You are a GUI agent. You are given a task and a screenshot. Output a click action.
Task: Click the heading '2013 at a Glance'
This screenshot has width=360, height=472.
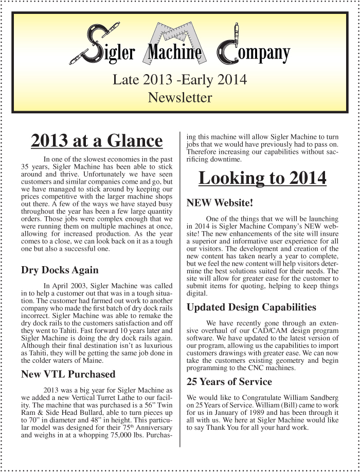[x=97, y=141]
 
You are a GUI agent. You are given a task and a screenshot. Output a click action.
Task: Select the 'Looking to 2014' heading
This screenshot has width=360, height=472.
[x=262, y=178]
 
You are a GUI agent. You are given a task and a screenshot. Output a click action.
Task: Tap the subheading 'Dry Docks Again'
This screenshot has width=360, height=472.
[x=60, y=270]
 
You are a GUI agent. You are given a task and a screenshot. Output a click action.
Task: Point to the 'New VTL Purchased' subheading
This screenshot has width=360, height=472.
[x=68, y=374]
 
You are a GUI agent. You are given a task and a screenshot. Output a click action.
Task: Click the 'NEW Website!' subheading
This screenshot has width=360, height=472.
[x=220, y=203]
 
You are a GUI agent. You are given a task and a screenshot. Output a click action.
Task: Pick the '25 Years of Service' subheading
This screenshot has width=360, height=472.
[x=229, y=382]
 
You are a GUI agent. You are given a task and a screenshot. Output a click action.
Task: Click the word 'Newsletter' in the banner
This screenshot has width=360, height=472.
[x=179, y=97]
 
